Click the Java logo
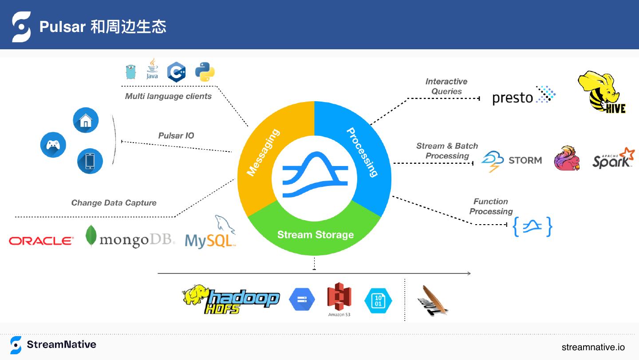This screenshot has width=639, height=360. coord(152,69)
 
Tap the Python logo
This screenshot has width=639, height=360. coord(205,72)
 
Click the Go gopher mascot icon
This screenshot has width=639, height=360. coord(130,71)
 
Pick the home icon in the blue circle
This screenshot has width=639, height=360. coord(86,120)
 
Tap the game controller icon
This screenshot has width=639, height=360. coord(53,145)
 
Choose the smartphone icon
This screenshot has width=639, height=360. coord(90,161)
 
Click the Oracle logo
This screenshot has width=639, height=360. coord(41,241)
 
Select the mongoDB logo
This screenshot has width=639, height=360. coord(130,237)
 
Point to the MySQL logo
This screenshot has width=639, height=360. coord(210,234)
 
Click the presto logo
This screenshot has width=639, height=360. coord(524,96)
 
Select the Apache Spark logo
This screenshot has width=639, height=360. coord(613,158)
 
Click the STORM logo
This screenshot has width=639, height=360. coord(512,161)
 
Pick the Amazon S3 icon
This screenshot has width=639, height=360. coord(339,299)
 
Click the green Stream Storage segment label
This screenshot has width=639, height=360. coord(316,235)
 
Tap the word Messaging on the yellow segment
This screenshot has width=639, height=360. coord(263,152)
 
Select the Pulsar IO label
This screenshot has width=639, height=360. coord(176,136)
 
